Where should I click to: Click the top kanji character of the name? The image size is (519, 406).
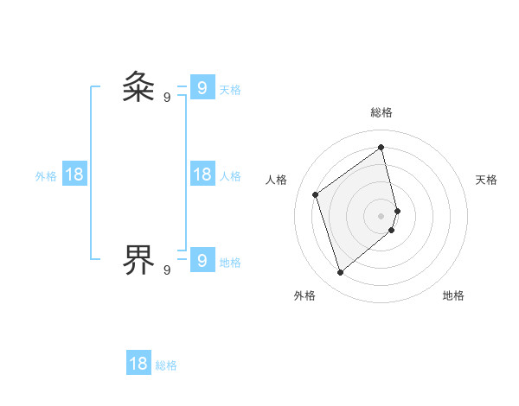[x=138, y=87]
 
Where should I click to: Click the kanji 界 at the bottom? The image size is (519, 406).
[x=138, y=258]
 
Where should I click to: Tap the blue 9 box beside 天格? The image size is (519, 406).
[x=202, y=87]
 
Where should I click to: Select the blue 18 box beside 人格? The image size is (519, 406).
[x=202, y=174]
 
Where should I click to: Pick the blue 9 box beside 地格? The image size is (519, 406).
[x=202, y=258]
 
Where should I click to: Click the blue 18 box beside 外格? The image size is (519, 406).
[x=74, y=174]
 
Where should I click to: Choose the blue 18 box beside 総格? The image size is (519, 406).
[x=138, y=363]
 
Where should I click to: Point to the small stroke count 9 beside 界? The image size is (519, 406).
[x=167, y=270]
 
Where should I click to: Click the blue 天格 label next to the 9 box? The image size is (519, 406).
[x=230, y=90]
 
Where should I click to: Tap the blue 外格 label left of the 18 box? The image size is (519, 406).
[x=46, y=176]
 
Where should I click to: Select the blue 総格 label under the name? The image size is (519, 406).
[x=166, y=365]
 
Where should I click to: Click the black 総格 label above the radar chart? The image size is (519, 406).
[x=381, y=112]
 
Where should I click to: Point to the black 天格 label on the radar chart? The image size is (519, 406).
[x=487, y=180]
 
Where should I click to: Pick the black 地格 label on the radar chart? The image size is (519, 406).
[x=453, y=295]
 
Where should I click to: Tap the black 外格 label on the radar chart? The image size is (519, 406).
[x=304, y=295]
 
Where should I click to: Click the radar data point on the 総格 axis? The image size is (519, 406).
[x=381, y=147]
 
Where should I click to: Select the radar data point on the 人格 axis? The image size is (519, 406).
[x=316, y=194]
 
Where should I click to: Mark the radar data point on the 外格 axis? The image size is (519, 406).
[x=341, y=273]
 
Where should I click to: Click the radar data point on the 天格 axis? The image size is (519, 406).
[x=398, y=210]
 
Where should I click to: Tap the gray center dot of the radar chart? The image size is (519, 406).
[x=381, y=215]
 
